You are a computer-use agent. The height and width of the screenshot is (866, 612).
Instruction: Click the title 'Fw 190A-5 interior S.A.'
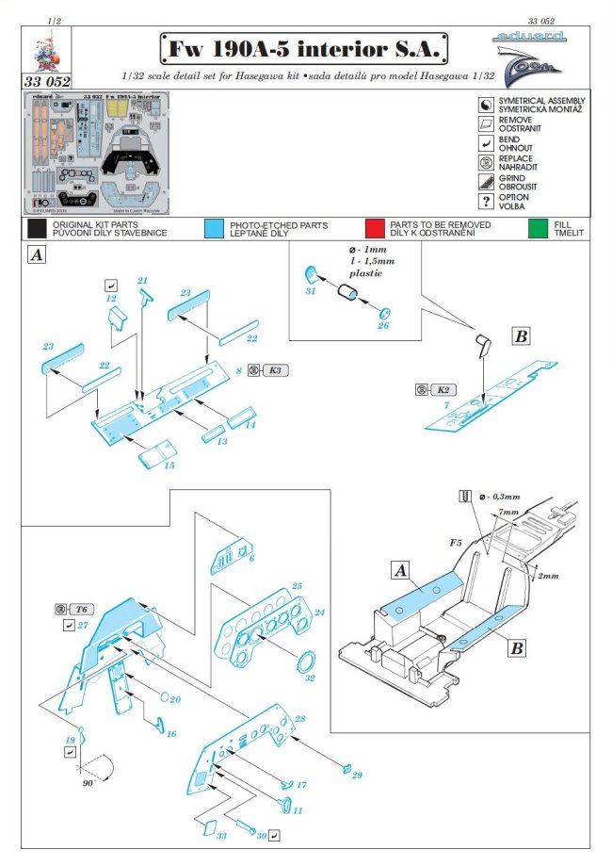point(305,48)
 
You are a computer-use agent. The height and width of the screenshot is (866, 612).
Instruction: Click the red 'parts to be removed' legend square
point(374,229)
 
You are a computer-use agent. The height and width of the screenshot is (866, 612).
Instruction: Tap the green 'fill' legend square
point(539,229)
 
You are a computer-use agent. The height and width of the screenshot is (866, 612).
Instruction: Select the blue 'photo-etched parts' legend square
point(213,229)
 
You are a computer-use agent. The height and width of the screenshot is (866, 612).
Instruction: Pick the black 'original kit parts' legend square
point(37,229)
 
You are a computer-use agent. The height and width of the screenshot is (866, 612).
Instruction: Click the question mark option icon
point(488,202)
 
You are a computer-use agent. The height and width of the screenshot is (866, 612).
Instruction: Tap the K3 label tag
point(275,371)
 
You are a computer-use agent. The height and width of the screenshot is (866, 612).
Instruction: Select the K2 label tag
point(442,388)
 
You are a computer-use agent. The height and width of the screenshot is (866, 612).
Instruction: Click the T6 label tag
point(84,608)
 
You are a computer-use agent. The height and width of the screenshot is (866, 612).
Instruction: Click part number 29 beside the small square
point(357,776)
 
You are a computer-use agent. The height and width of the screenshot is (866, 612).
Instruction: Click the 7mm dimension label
point(508,513)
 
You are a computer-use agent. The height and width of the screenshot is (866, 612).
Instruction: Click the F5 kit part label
point(455,544)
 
